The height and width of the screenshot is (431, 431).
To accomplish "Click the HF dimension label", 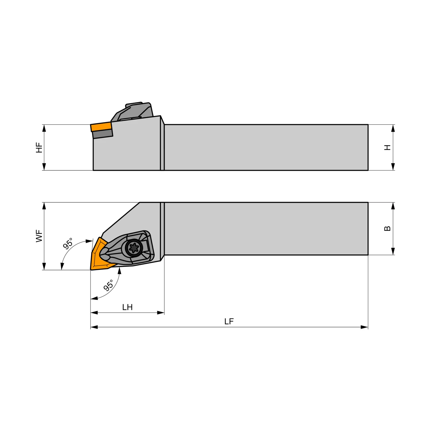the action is tap(39, 147).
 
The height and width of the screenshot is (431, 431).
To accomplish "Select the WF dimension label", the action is tap(39, 236).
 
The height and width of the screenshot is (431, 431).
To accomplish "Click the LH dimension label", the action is tap(127, 307).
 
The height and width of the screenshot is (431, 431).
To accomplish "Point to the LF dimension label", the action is tap(229, 322).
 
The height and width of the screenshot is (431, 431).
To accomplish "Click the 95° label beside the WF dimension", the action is tap(68, 243).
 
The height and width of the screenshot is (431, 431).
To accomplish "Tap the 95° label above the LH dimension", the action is tap(108, 285).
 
